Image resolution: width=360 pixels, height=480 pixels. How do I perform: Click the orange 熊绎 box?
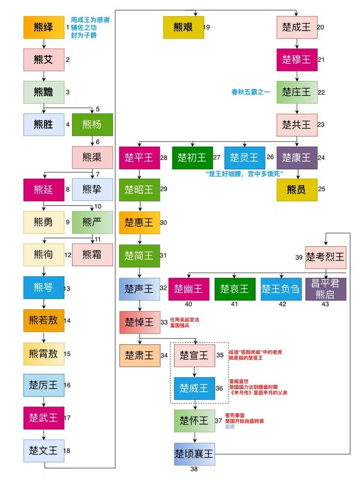(43, 27)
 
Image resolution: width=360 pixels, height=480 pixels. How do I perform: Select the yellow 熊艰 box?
(183, 27)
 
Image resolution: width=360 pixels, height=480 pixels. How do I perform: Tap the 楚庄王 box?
(297, 92)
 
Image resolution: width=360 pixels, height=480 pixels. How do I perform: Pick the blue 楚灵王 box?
(244, 157)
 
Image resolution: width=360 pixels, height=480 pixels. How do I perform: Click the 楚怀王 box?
(194, 421)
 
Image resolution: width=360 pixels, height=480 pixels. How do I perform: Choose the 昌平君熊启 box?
(325, 289)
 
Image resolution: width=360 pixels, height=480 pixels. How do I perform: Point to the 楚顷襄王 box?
(194, 454)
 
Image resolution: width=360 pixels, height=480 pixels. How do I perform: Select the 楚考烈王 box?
(325, 257)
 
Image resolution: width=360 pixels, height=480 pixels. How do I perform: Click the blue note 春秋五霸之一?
(250, 92)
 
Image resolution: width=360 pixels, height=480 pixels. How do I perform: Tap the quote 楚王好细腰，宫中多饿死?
(244, 174)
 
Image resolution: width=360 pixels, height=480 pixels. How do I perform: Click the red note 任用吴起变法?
(185, 320)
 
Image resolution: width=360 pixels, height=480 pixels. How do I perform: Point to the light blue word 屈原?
(230, 427)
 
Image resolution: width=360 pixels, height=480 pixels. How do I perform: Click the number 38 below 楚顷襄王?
(194, 469)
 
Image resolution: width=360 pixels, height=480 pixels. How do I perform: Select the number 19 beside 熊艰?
(206, 27)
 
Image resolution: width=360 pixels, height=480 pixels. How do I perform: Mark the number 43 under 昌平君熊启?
(325, 304)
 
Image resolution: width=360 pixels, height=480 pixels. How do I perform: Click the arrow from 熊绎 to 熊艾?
(44, 43)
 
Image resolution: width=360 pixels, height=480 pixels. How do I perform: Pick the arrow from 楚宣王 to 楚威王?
(194, 372)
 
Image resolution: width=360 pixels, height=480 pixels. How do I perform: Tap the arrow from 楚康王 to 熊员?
(298, 174)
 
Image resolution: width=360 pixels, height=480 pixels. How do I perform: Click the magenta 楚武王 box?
(43, 418)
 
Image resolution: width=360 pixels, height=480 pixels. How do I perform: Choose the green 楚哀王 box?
(235, 289)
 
